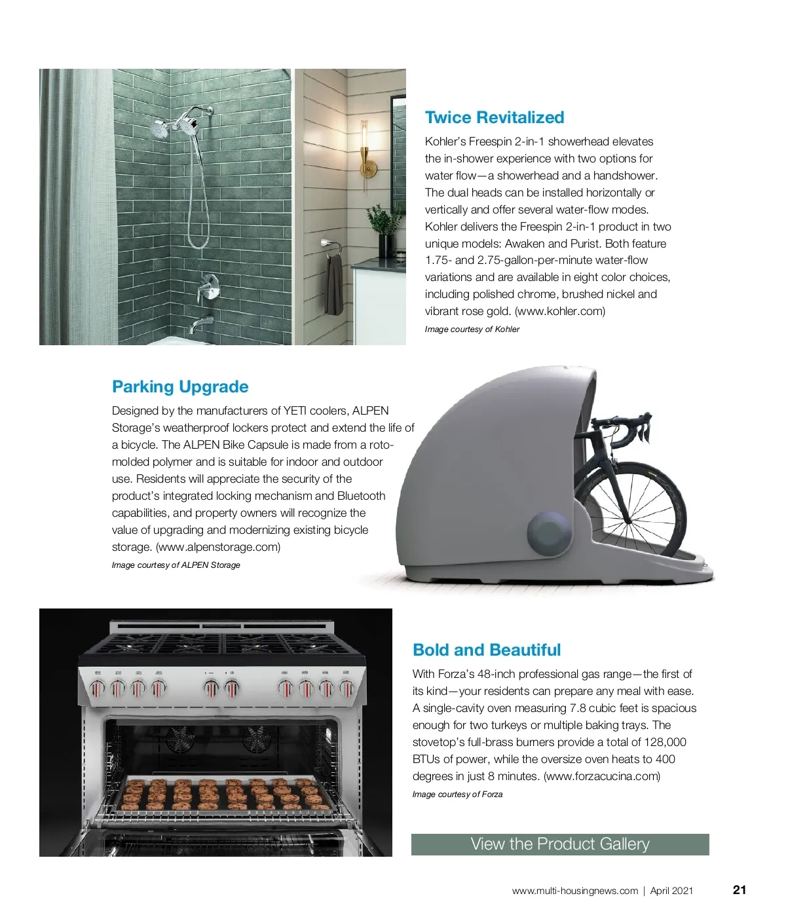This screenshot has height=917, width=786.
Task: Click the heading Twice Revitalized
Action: (494, 118)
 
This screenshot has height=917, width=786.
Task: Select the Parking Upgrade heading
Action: (180, 387)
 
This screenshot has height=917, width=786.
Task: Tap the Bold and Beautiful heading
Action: (487, 650)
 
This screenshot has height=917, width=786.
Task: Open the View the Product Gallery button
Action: (560, 844)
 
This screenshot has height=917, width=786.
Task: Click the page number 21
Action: (739, 890)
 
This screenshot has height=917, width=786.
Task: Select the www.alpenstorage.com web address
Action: (218, 547)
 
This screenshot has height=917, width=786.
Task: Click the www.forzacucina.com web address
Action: (602, 776)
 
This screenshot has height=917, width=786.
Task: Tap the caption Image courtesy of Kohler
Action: (472, 329)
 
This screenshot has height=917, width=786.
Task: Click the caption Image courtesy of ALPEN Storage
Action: (176, 565)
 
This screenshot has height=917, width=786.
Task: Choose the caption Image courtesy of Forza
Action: (457, 795)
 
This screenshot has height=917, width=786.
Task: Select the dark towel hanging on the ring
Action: (334, 285)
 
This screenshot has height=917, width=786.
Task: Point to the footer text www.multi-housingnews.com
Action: (574, 891)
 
